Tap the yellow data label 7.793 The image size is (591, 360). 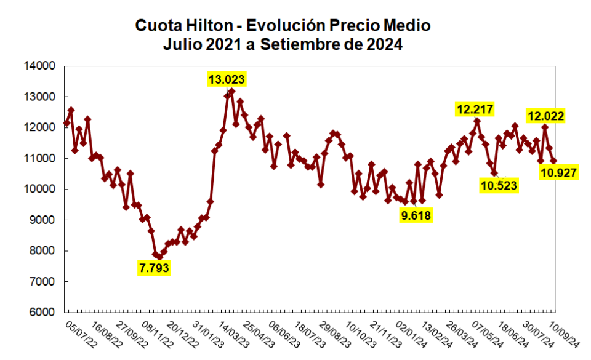154,268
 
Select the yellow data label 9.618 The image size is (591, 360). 416,215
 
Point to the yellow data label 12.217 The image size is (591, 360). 475,110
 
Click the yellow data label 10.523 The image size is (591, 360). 499,185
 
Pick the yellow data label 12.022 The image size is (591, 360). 545,116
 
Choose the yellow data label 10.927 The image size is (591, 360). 558,173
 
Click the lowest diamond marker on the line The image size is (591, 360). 159,257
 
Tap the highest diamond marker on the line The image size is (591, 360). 231,91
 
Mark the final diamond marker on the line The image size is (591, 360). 553,160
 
